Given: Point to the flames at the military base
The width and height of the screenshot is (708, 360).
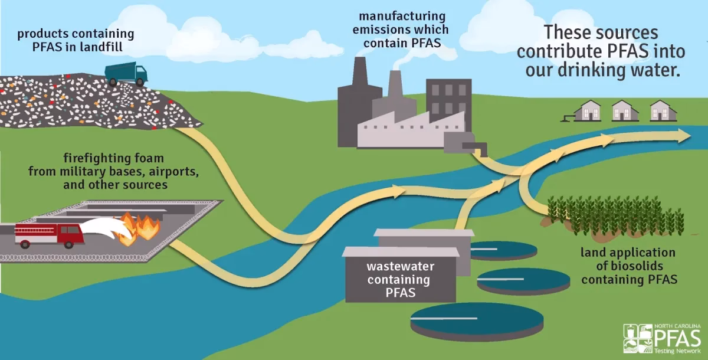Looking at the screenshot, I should pyautogui.click(x=139, y=229).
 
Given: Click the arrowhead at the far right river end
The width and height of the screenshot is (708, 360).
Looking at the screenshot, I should pyautogui.click(x=684, y=135).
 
